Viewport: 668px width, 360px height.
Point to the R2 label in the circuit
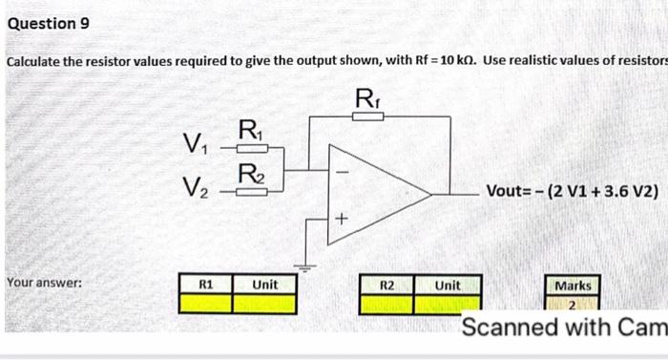tap(248, 174)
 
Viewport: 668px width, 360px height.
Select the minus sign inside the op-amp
tap(346, 171)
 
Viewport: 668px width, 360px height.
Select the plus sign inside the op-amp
tap(341, 220)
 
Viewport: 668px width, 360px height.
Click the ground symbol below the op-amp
tap(307, 261)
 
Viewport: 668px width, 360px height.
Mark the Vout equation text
tap(572, 190)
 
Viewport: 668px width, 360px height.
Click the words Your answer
tap(44, 284)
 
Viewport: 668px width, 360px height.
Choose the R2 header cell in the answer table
tap(386, 285)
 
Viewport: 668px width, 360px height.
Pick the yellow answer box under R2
tap(386, 304)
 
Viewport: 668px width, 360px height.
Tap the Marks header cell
tap(573, 286)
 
